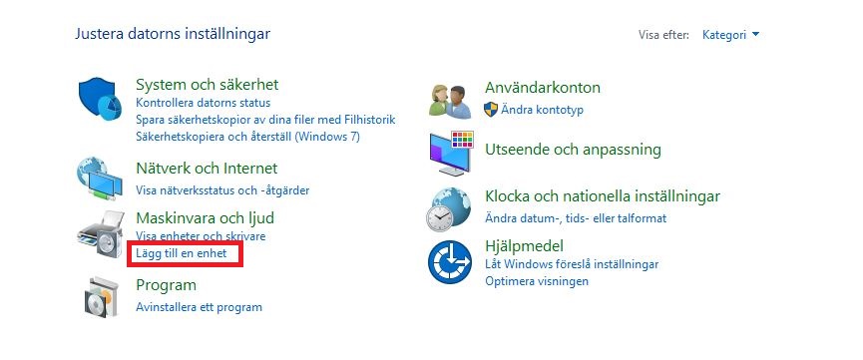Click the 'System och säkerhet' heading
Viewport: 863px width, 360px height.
pos(207,85)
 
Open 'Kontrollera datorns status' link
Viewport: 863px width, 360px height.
pos(203,103)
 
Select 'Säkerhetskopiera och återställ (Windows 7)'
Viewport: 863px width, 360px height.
pos(247,137)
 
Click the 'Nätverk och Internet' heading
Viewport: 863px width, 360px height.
pos(207,169)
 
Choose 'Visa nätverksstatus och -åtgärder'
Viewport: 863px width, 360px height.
pos(222,187)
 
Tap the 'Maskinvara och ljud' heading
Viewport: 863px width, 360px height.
pos(205,216)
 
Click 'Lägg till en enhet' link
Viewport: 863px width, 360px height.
pos(182,255)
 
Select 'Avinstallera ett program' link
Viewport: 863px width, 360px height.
pos(199,307)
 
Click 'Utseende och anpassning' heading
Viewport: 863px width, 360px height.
pos(573,150)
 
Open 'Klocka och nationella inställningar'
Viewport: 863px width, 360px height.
pos(602,196)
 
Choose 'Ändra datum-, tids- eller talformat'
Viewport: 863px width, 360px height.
pos(575,217)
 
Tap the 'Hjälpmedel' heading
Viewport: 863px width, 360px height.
pos(525,245)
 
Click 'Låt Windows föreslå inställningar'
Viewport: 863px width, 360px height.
pos(572,264)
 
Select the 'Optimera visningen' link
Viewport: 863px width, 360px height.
pos(536,281)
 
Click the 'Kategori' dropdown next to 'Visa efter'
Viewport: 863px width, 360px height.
pos(730,35)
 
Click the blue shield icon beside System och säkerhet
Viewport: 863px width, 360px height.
pos(99,98)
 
